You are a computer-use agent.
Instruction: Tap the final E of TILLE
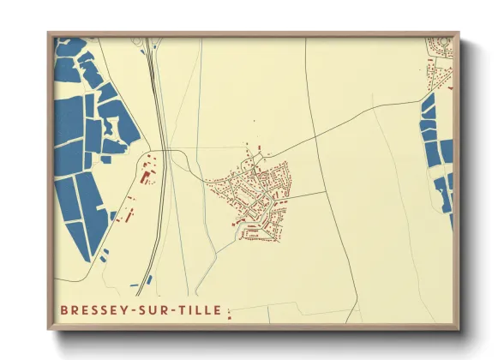pos(219,310)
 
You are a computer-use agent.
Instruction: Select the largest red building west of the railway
pos(145,177)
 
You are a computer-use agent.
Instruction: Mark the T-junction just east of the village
pos(327,192)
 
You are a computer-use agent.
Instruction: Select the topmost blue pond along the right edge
pos(429,106)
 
